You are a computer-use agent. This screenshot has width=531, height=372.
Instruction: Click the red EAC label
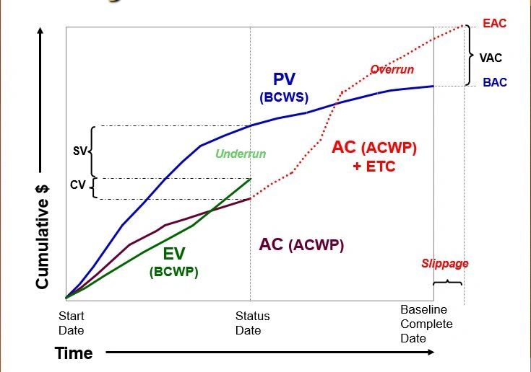[x=495, y=24]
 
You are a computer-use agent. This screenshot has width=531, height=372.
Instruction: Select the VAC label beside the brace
[x=491, y=58]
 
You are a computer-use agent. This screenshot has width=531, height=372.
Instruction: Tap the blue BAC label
[x=495, y=83]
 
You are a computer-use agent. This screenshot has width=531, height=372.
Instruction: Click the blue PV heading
[x=284, y=79]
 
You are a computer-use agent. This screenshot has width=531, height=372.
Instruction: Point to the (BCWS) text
[x=284, y=97]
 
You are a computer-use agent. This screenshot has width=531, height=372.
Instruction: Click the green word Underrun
[x=241, y=154]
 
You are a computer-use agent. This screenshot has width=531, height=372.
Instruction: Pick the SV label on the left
[x=80, y=151]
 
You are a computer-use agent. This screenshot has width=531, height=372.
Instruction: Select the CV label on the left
[x=77, y=186]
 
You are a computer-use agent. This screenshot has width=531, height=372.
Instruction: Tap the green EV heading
[x=173, y=254]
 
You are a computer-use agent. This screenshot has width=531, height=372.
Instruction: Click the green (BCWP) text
[x=173, y=272]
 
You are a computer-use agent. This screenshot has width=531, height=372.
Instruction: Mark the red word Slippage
[x=445, y=263]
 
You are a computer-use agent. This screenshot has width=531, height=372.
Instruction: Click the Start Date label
[x=71, y=324]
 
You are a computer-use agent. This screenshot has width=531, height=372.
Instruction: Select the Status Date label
[x=252, y=324]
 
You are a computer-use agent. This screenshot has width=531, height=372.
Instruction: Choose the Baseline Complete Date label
[x=426, y=324]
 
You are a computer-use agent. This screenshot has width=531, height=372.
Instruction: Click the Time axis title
[x=74, y=353]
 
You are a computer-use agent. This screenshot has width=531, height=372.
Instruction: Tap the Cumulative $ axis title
[x=43, y=236]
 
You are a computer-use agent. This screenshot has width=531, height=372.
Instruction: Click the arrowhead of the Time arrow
[x=431, y=353]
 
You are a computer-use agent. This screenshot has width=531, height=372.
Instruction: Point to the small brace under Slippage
[x=447, y=282]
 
